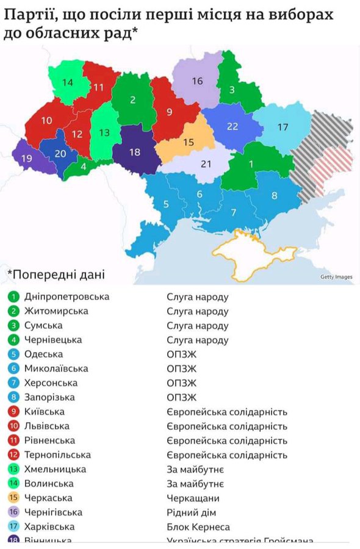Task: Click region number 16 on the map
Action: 197,81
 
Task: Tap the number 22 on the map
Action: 232,126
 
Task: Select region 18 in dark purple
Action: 135,152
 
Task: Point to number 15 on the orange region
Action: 188,142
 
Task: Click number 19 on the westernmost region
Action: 26,159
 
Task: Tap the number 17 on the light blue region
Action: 283,127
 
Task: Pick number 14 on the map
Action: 67,82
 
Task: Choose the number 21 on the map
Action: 206,163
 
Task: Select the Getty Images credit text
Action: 336,277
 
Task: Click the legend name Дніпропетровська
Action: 67,296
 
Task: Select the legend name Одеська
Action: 43,354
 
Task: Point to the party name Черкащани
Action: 192,498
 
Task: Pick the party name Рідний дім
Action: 192,512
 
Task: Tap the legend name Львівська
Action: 47,426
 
